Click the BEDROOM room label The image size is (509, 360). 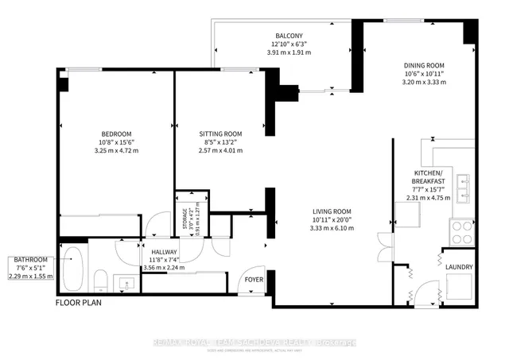pos(116,134)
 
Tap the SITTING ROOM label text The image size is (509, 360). pos(220,134)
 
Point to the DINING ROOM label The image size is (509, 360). pos(422,64)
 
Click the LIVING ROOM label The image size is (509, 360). pos(332,211)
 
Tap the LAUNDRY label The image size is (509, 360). pos(460,267)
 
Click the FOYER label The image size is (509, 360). pos(254,280)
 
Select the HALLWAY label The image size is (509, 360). pos(163,250)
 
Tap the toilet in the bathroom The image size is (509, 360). pos(100,281)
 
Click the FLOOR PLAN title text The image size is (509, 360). pos(78,303)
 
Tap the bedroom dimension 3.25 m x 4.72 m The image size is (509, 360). pos(116,151)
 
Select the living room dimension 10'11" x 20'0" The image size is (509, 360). pos(332,219)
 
